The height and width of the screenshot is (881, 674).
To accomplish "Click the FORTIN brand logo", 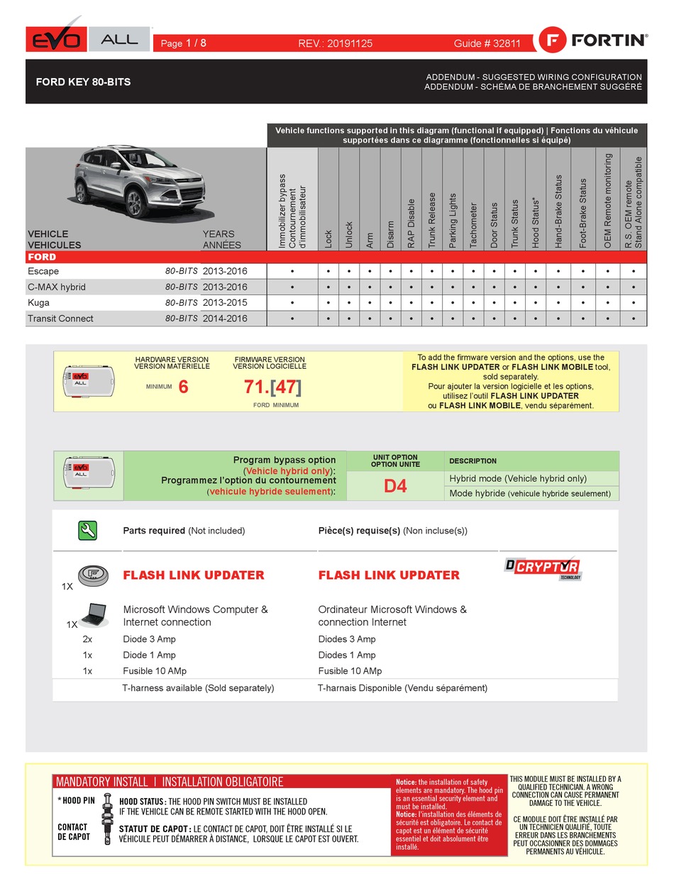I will tap(593, 40).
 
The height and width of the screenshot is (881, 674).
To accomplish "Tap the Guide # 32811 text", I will tap(487, 43).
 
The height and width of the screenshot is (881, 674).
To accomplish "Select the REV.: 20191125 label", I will tap(335, 43).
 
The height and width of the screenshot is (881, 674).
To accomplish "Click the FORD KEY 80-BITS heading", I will tap(83, 82).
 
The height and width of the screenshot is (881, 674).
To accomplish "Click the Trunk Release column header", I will tap(431, 220).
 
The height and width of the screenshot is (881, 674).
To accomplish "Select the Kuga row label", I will tap(38, 303).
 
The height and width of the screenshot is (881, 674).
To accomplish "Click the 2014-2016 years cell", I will tap(225, 318).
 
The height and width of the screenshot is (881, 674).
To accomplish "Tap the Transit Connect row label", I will tap(60, 318).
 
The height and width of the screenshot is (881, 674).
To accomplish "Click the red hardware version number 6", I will tap(183, 387).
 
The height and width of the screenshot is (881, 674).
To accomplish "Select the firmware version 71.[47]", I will tap(272, 387).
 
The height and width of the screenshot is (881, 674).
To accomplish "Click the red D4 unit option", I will tap(395, 487).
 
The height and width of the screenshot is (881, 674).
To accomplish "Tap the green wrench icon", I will tap(87, 530).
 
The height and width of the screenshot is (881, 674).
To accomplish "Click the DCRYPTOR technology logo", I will tap(543, 567).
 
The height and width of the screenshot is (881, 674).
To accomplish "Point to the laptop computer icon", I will tap(93, 614).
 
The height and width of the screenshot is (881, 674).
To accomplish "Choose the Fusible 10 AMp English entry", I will tap(155, 671).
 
